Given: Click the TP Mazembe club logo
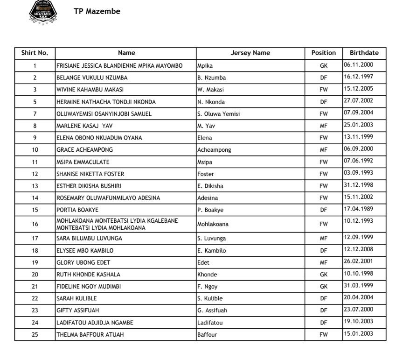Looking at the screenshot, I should (x=44, y=12).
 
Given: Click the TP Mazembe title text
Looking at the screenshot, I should (x=97, y=11).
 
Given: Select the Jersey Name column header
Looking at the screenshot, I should (x=250, y=53).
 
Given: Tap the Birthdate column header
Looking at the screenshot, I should (x=364, y=53).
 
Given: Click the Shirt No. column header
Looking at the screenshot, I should (x=35, y=53).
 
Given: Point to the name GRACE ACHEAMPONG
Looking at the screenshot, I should (x=84, y=150).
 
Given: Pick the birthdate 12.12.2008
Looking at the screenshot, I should (x=358, y=250).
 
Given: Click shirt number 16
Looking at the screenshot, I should (x=35, y=224).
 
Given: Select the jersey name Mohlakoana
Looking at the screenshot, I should (x=213, y=224).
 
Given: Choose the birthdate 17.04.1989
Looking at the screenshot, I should (x=358, y=209).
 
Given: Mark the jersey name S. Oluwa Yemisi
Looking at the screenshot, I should (x=218, y=114).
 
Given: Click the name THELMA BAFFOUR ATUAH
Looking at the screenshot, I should (x=90, y=335).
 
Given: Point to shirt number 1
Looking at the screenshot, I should (x=35, y=66).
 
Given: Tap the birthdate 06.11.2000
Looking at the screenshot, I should (x=358, y=65).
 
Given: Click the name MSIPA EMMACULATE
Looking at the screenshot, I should (x=83, y=162).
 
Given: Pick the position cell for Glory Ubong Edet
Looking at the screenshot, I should (x=323, y=262).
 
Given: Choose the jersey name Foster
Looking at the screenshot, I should (x=206, y=174).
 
